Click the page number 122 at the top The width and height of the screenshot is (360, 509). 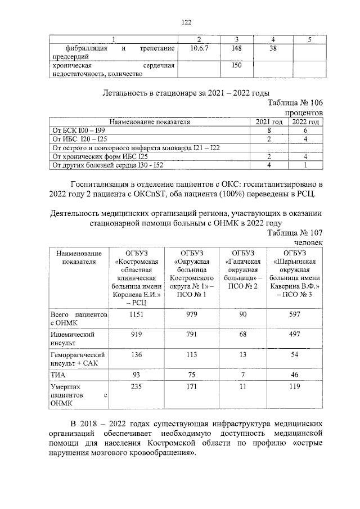click(187, 22)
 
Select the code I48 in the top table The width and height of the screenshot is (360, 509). click(236, 49)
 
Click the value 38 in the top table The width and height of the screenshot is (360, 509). click(273, 49)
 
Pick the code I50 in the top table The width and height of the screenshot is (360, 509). click(236, 67)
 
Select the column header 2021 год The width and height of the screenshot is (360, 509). click(268, 121)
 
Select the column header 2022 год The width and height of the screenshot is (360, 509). click(305, 121)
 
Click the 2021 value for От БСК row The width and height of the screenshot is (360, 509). click(269, 130)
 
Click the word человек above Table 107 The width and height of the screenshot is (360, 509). click(310, 242)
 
